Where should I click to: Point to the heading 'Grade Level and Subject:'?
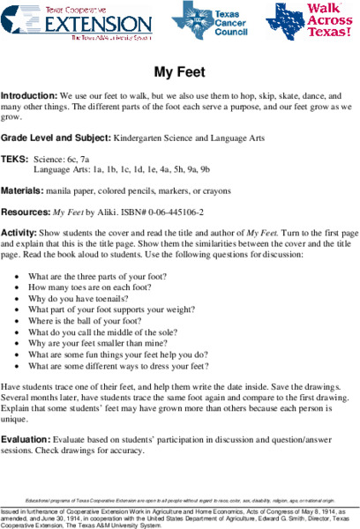56,138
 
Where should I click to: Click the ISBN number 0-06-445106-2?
176,212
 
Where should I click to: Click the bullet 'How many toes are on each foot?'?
95,287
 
